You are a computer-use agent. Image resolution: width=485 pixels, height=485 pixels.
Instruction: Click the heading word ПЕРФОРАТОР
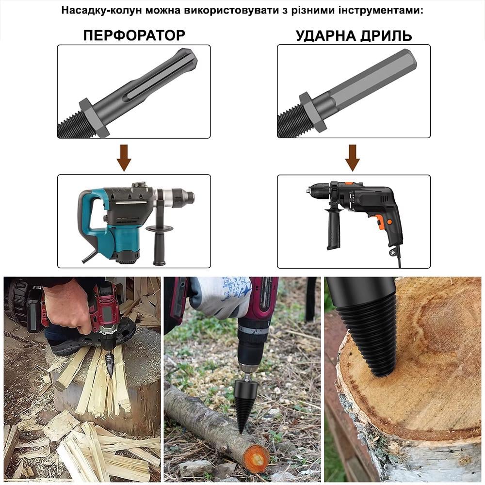click(x=134, y=35)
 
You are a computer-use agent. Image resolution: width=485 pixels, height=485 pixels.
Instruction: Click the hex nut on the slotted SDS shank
click(x=94, y=118)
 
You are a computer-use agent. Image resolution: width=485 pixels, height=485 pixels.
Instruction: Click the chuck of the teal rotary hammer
click(x=182, y=195)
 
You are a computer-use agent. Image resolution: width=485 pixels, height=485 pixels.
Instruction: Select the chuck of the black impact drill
click(x=317, y=191)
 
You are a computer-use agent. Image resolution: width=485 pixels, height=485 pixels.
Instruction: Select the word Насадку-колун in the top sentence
click(x=102, y=10)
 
